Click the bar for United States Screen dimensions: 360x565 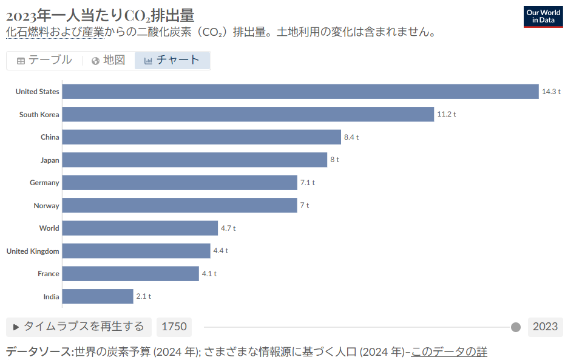[x=300, y=92]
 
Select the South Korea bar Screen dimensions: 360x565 [x=248, y=114]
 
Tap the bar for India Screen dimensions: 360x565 [x=97, y=296]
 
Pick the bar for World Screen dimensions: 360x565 [x=140, y=228]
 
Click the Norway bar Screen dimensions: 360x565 [x=179, y=205]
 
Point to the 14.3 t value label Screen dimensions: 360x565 [x=551, y=92]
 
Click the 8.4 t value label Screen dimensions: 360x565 [x=351, y=137]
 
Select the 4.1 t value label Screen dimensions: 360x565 [x=209, y=274]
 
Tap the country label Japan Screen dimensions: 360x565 [x=50, y=160]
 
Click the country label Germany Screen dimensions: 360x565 [x=44, y=183]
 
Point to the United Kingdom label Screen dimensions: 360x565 [x=33, y=251]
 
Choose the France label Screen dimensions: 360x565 [x=49, y=274]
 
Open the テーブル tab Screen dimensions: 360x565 [x=44, y=60]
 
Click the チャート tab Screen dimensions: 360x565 [x=172, y=60]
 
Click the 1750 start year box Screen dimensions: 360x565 [x=174, y=327]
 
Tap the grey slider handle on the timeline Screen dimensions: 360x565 [x=516, y=327]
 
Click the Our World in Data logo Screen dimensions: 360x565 [x=543, y=16]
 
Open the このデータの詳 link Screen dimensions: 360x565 [x=449, y=352]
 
